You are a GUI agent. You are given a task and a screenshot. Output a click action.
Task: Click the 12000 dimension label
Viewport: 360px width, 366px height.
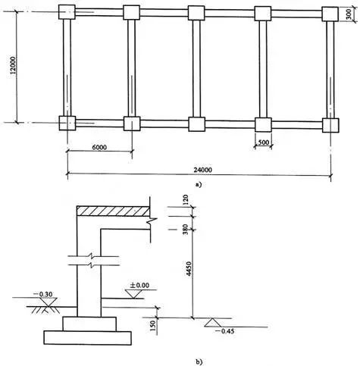[13, 65]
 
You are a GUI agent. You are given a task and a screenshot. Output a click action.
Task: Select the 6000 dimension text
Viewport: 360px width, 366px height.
[99, 147]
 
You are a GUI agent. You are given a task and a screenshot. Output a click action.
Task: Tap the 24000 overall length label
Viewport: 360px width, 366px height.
[203, 170]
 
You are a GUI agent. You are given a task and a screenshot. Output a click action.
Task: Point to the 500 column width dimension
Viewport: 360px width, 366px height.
[264, 142]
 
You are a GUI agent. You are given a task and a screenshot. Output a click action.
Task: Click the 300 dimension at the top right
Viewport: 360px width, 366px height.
[349, 14]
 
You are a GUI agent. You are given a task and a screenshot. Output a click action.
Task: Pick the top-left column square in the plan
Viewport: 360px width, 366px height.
[67, 12]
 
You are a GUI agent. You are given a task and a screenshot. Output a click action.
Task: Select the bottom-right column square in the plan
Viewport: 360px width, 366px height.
[330, 125]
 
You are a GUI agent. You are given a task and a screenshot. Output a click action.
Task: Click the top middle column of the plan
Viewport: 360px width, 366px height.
[196, 13]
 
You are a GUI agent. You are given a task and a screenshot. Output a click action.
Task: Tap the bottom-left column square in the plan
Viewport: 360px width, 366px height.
[67, 123]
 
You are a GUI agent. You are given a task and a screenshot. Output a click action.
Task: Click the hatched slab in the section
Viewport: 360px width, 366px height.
[113, 211]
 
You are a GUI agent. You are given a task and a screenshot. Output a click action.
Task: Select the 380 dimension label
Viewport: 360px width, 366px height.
[186, 229]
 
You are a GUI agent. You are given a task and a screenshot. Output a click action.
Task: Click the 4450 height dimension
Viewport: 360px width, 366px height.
[189, 269]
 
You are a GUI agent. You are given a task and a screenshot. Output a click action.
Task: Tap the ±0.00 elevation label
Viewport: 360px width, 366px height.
[139, 286]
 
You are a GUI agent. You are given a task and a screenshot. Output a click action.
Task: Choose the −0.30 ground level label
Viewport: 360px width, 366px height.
[42, 294]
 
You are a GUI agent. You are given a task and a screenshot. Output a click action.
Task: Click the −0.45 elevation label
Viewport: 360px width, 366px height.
[224, 331]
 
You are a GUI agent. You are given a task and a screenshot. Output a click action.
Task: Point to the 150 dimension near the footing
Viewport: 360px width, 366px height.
[153, 326]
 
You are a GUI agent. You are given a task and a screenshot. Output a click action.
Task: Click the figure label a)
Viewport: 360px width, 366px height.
[199, 184]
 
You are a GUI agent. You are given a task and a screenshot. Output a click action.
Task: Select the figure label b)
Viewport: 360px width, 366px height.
[199, 361]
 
